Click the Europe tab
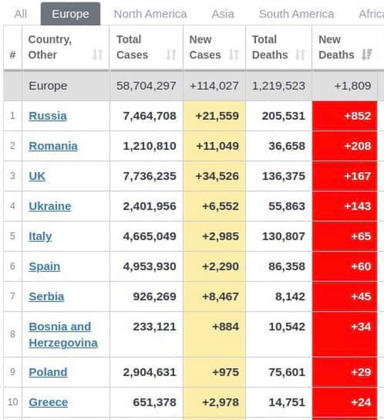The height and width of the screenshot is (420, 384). click(70, 14)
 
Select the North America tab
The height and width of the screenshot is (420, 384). click(150, 14)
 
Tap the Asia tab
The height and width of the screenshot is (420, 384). click(223, 14)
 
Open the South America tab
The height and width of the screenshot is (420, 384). click(296, 14)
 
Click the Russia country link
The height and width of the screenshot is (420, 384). click(48, 116)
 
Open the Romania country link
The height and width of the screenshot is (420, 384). click(53, 146)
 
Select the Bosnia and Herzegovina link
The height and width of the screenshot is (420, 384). click(63, 334)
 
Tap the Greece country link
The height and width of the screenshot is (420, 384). click(48, 402)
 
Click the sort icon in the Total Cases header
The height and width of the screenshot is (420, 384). click(171, 55)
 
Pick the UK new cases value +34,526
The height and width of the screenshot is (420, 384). click(217, 176)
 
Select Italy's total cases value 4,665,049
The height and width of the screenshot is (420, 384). click(149, 236)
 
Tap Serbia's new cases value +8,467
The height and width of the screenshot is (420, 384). click(217, 296)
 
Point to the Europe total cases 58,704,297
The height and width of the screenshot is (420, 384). click(146, 86)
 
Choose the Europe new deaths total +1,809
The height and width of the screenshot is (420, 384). click(353, 86)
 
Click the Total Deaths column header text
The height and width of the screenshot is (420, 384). click(269, 47)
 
